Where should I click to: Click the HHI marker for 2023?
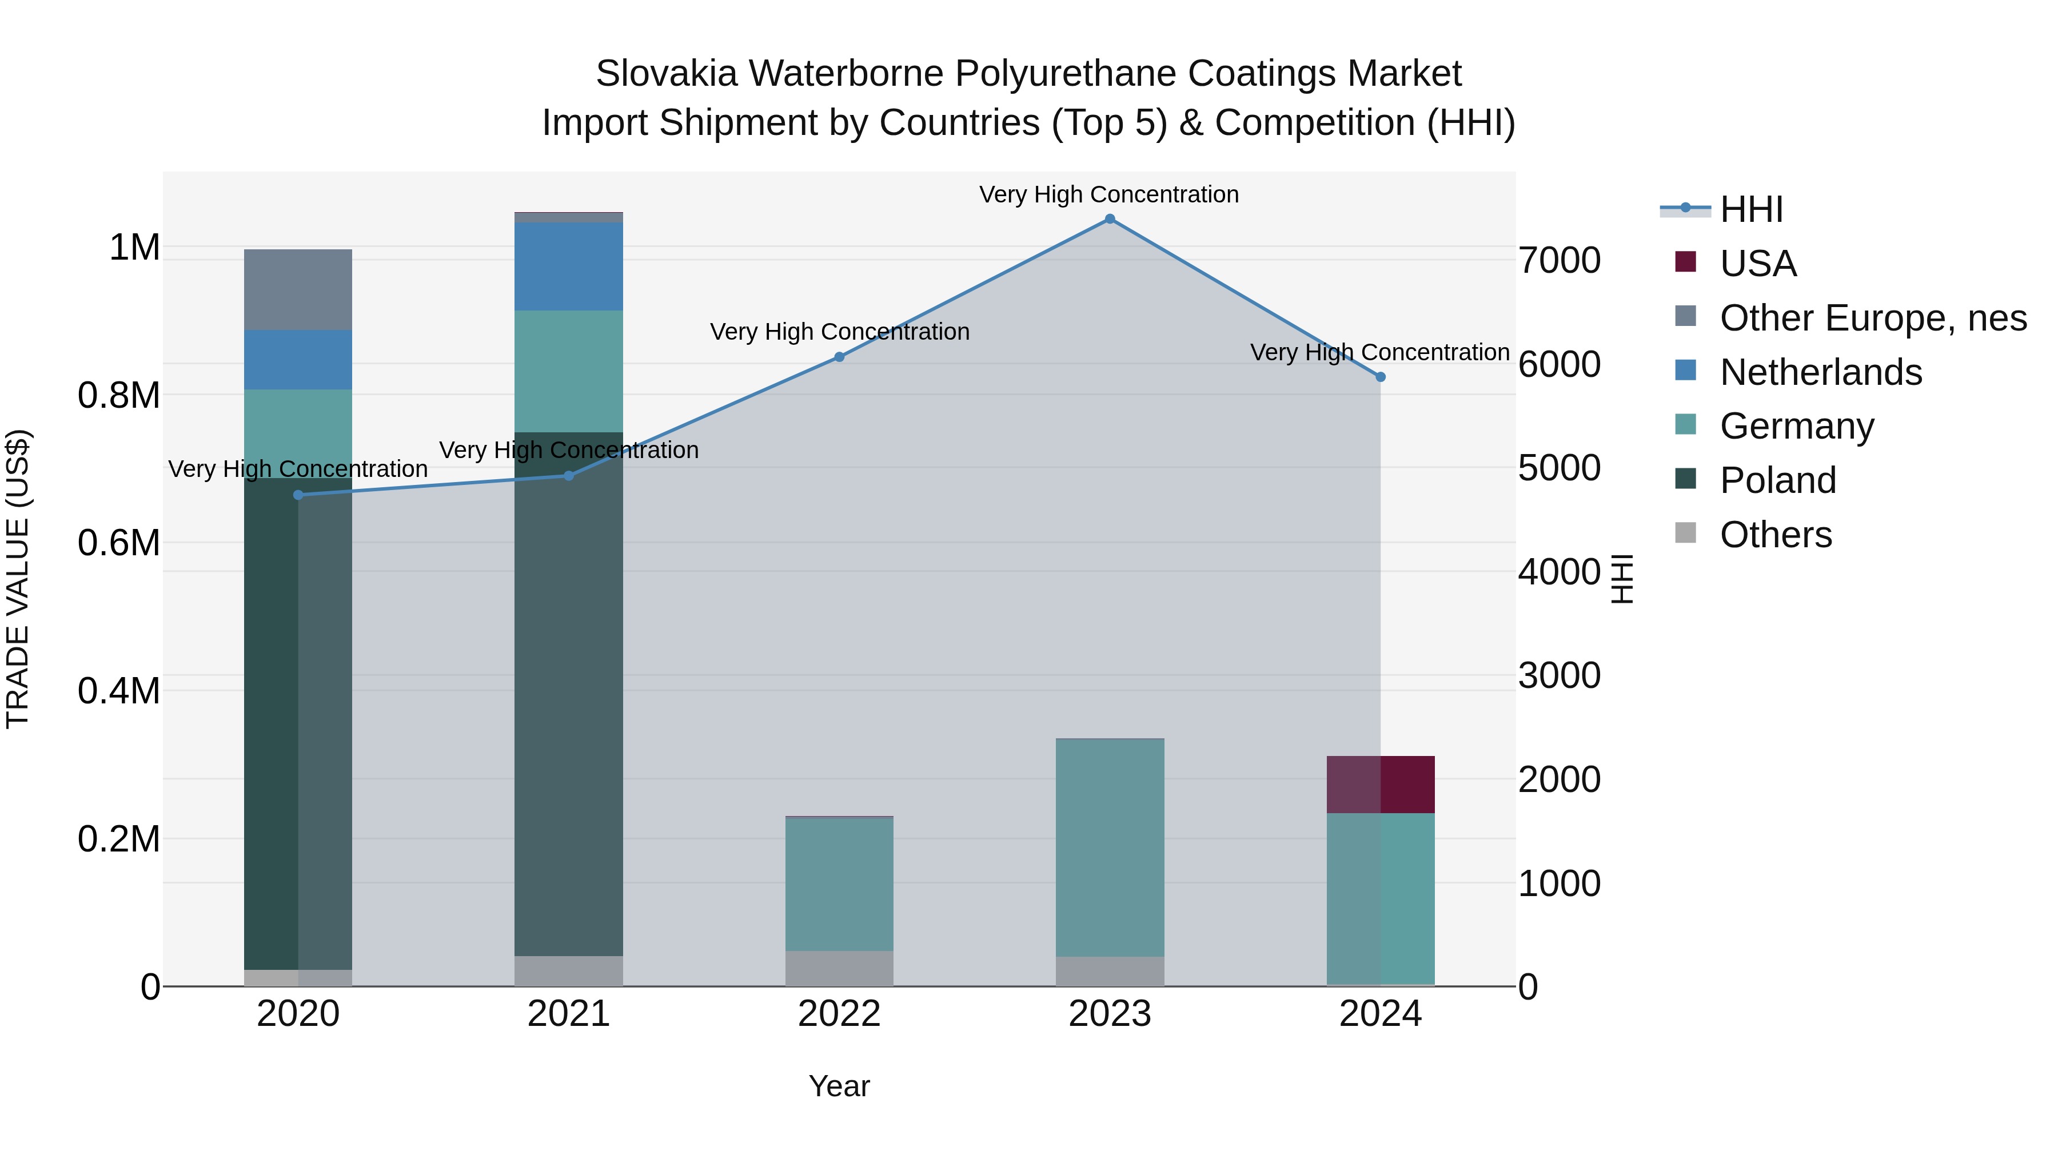click(x=1110, y=219)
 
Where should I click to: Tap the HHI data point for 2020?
click(x=298, y=495)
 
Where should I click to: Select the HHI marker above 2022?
click(x=839, y=357)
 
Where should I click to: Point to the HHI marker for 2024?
click(x=1381, y=376)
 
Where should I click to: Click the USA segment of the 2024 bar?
click(x=1381, y=784)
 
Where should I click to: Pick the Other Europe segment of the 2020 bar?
click(x=298, y=289)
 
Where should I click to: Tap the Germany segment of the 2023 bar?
click(x=1110, y=847)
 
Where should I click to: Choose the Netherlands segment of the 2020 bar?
click(x=298, y=360)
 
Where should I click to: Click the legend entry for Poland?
click(x=1777, y=480)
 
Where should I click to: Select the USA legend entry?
click(x=1758, y=264)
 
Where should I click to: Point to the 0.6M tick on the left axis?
click(x=119, y=543)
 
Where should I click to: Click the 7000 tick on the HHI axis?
click(x=1559, y=261)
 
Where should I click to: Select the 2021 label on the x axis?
click(x=568, y=1014)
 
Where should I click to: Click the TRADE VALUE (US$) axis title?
click(x=18, y=579)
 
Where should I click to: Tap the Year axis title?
click(x=839, y=1086)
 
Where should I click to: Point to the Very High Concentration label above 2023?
click(x=1109, y=194)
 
